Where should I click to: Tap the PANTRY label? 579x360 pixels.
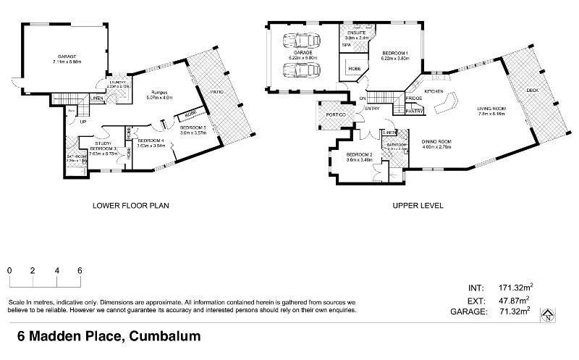click(x=414, y=111)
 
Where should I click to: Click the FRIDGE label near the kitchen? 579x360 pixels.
click(x=414, y=98)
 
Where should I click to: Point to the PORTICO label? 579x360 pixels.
click(x=335, y=115)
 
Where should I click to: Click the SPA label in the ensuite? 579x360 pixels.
click(x=347, y=45)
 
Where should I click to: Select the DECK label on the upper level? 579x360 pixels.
click(x=533, y=91)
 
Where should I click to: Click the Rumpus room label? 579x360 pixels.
click(x=159, y=92)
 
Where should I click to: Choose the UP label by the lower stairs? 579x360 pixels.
click(x=73, y=122)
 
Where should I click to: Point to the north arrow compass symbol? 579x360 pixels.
click(x=549, y=314)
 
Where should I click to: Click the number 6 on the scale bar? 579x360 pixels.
click(x=80, y=270)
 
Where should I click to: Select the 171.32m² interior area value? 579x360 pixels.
click(x=516, y=288)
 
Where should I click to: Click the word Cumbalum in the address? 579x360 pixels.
click(x=164, y=336)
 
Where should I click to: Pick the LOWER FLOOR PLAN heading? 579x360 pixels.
click(x=130, y=205)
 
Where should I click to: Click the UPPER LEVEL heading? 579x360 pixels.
click(x=418, y=205)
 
